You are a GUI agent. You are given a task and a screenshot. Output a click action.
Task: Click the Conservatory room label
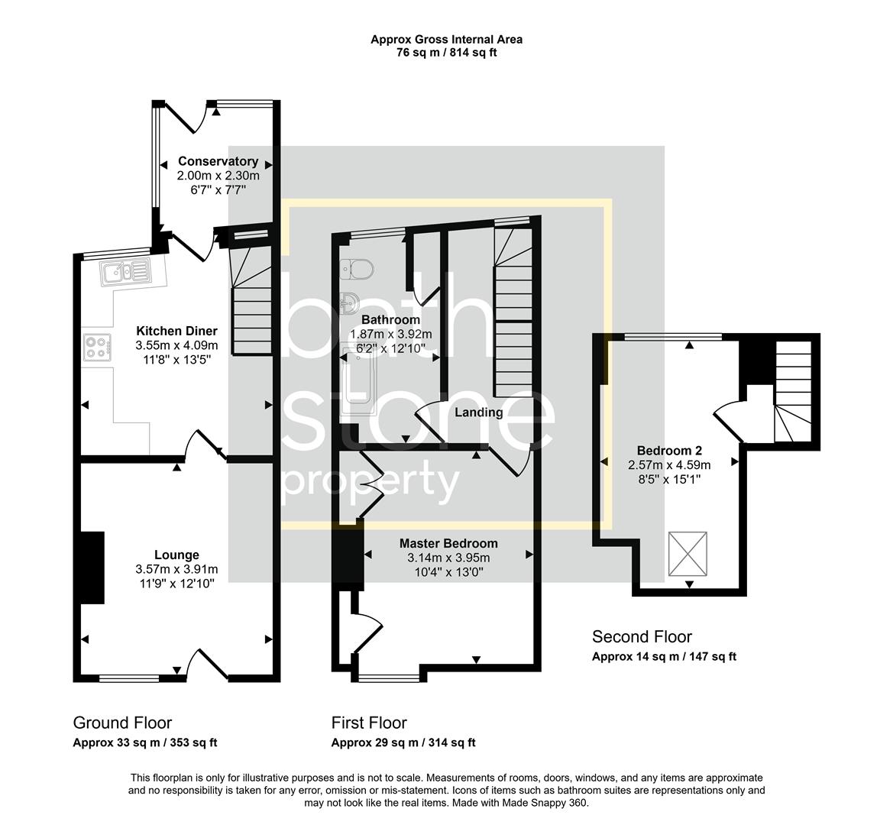point(218,161)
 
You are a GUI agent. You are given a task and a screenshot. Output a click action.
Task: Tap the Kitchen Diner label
point(176,331)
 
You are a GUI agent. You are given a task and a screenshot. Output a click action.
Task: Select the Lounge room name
point(176,555)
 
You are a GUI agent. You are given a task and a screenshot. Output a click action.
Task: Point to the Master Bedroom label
point(448,543)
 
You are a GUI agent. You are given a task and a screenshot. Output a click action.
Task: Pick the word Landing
point(479,412)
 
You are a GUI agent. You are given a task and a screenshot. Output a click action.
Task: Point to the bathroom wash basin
point(351,301)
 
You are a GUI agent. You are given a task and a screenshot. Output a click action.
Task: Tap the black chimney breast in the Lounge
point(92,568)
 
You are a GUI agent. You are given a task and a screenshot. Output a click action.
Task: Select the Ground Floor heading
point(122,723)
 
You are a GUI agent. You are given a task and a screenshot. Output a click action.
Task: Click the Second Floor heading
point(642,636)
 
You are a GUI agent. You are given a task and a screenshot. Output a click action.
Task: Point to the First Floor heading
point(369,723)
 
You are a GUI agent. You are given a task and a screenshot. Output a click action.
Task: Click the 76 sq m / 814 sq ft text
point(447,53)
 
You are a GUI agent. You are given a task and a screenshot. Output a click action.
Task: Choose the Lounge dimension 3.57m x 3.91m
point(176,569)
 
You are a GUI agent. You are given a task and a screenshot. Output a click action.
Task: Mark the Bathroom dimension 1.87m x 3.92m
point(390,334)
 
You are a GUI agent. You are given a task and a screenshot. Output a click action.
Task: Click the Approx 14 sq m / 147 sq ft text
point(664,656)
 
